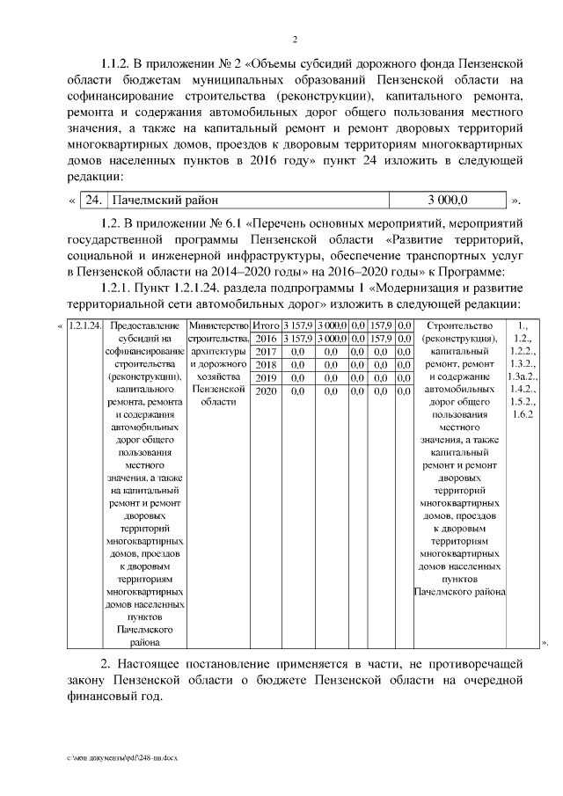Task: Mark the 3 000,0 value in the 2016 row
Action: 332,339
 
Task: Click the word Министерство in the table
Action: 218,326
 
